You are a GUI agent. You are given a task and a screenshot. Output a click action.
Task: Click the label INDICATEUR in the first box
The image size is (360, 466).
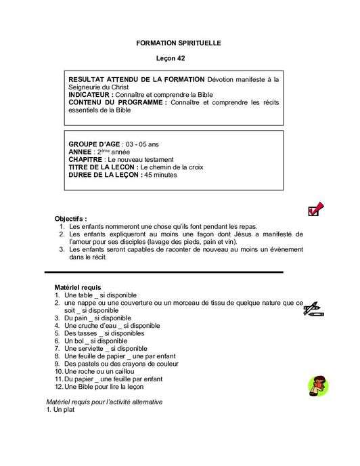pos(93,95)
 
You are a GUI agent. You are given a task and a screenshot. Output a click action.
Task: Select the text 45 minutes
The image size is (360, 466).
pos(160,175)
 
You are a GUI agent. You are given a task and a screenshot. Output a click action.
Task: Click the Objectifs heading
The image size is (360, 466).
pos(71,219)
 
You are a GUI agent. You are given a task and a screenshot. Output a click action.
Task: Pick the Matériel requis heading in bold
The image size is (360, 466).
pos(78,288)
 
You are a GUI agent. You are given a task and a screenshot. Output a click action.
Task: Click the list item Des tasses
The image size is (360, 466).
pos(104,333)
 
